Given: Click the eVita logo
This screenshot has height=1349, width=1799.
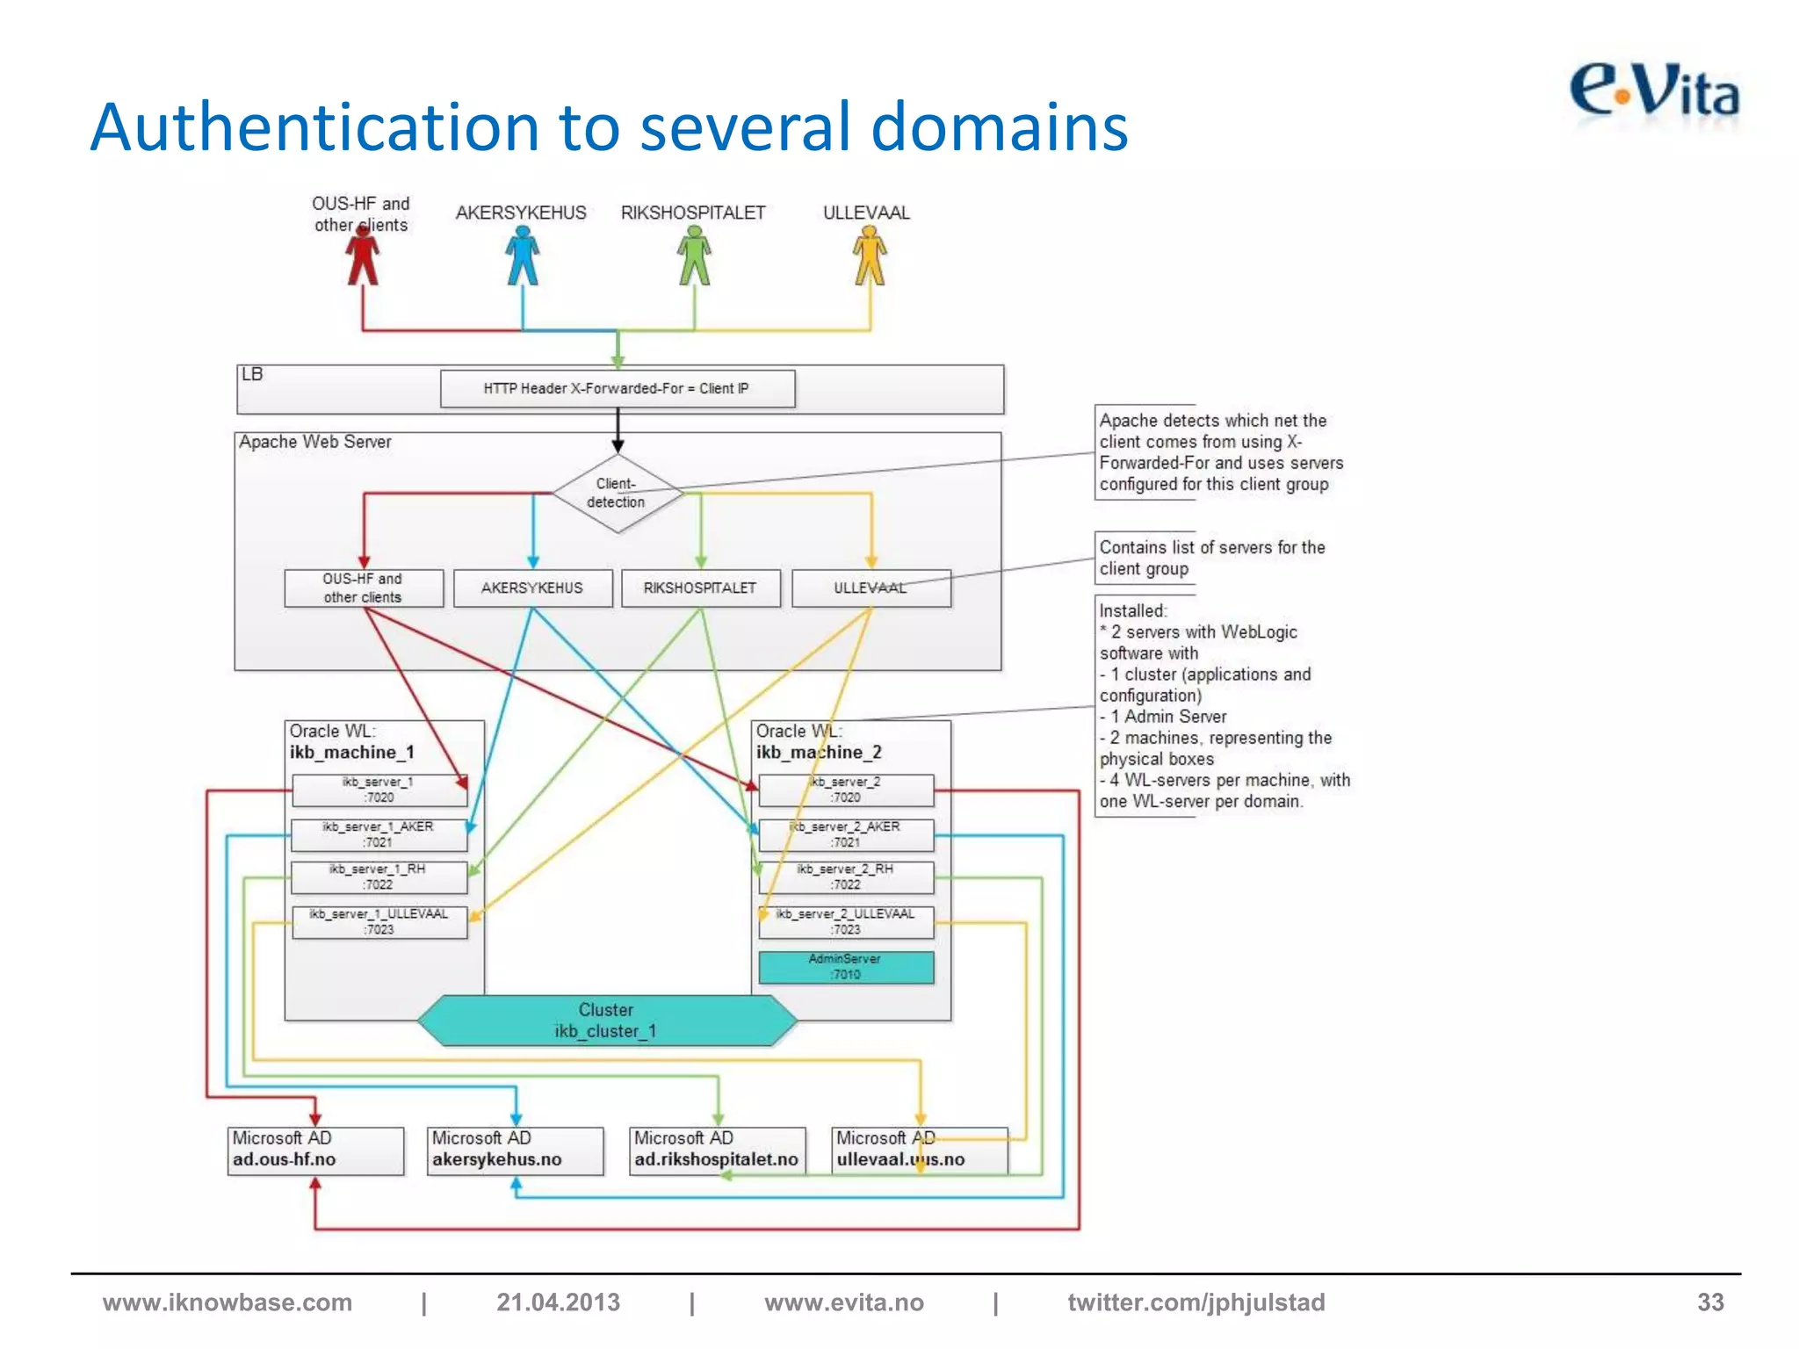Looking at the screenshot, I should (x=1654, y=92).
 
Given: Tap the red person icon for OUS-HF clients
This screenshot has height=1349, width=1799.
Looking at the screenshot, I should (x=362, y=256).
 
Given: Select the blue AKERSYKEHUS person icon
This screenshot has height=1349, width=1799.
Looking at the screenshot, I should (x=523, y=256).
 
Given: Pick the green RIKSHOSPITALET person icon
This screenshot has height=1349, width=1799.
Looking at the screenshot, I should (x=694, y=256).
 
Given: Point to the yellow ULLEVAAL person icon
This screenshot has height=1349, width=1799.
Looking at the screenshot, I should (x=870, y=256).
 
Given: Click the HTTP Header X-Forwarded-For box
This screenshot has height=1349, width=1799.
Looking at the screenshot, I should (x=617, y=388).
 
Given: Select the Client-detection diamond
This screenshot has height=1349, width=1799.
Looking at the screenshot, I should (x=618, y=494).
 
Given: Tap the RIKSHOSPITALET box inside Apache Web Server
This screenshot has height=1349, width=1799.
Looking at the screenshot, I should (x=700, y=588).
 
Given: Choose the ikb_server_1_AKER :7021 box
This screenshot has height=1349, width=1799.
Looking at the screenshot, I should (x=379, y=834).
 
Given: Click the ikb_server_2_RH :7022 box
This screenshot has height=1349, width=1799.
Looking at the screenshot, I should (x=846, y=876).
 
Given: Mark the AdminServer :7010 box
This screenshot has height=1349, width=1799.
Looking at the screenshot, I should (x=846, y=967).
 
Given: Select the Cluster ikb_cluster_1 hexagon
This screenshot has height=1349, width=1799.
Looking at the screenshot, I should (x=606, y=1021).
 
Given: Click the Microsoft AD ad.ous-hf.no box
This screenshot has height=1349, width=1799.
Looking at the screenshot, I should (x=315, y=1150).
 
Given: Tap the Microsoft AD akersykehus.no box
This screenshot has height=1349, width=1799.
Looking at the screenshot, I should (x=516, y=1150).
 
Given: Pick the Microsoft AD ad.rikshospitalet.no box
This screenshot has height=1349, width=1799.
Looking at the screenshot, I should (x=717, y=1150).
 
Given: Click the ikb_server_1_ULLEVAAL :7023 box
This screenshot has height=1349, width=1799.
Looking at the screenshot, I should (x=379, y=922).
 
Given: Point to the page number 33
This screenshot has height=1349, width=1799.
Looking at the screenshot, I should (x=1709, y=1302).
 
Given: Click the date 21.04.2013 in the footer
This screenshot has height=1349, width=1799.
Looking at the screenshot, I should (x=558, y=1302).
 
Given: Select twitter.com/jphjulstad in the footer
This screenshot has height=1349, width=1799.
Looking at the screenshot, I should (x=1196, y=1302).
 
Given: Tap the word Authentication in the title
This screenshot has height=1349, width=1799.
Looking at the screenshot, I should (x=314, y=127).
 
